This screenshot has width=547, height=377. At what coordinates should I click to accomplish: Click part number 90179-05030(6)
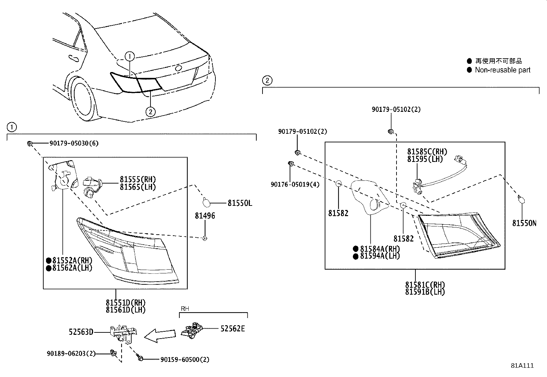click(x=74, y=143)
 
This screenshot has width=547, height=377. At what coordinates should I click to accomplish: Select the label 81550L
click(x=239, y=203)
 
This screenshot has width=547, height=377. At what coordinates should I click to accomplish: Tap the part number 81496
click(x=205, y=216)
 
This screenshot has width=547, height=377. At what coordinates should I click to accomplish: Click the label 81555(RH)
click(x=137, y=179)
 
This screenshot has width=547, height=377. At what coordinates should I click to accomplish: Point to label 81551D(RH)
click(x=125, y=303)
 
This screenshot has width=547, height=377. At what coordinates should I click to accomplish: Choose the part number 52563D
click(x=81, y=332)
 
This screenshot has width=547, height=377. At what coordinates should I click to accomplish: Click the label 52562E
click(x=233, y=329)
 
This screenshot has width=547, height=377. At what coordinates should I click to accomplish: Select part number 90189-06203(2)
click(x=71, y=353)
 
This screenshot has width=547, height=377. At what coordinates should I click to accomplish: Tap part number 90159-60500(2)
click(x=185, y=360)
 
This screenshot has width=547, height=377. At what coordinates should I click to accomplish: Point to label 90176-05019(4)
click(x=294, y=185)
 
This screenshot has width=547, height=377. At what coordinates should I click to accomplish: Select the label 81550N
click(x=524, y=223)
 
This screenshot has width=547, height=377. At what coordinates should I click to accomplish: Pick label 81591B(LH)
click(x=425, y=292)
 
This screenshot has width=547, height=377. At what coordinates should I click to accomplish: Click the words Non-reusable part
click(x=502, y=70)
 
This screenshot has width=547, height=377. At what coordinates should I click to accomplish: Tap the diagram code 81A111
click(x=522, y=366)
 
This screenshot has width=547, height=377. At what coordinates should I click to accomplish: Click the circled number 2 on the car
click(x=150, y=111)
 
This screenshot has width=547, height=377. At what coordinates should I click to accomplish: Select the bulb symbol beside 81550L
click(x=207, y=203)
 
